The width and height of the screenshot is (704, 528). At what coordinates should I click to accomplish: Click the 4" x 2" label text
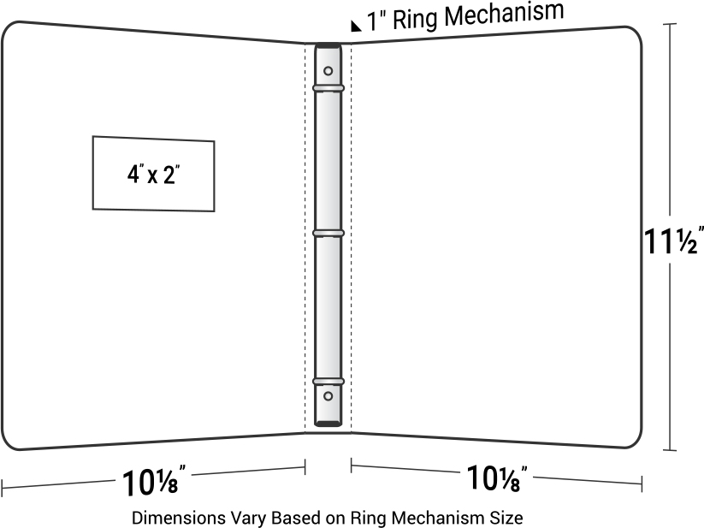(154, 175)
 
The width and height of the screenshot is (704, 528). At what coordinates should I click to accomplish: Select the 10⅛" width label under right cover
(497, 478)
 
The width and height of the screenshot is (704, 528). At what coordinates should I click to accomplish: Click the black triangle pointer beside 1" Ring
(356, 26)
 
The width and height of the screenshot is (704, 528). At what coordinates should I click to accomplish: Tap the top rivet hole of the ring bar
(328, 71)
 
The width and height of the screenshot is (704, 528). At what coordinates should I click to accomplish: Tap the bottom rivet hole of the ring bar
(328, 396)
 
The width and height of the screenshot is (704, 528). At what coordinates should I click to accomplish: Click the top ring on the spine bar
(328, 88)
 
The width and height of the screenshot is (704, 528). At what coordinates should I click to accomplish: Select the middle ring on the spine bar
(328, 233)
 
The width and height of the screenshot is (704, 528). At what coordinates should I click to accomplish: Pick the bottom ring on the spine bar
(328, 382)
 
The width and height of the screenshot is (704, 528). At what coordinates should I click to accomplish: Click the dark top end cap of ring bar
(328, 45)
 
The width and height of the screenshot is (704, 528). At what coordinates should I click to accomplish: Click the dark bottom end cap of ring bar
(328, 424)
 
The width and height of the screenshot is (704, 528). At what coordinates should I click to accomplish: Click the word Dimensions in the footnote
(179, 518)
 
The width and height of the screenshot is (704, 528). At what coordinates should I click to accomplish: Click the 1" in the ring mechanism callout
(376, 21)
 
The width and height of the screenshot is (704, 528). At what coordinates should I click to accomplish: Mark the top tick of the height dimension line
(670, 24)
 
